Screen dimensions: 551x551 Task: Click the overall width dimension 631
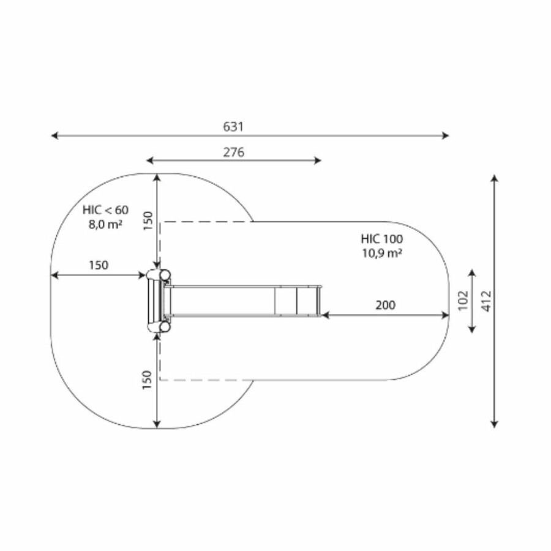(233, 127)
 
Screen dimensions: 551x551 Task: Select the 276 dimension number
(234, 152)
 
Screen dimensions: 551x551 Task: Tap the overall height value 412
(487, 301)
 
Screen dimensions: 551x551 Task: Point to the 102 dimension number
(463, 300)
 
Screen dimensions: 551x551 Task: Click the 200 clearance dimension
(386, 305)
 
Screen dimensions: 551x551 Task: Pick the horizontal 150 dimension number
(99, 265)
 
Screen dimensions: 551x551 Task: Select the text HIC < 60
(105, 210)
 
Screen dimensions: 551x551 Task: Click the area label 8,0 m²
(105, 224)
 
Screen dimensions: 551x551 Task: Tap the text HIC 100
(382, 239)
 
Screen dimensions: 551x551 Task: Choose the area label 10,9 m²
(382, 253)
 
